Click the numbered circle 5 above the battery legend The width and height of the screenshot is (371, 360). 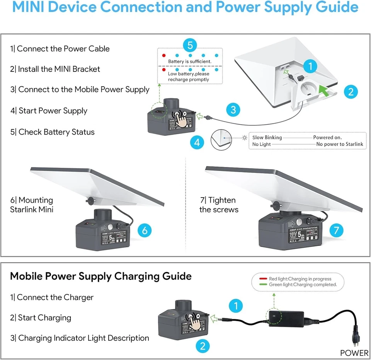(190, 45)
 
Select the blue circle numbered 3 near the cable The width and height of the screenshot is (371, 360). (233, 109)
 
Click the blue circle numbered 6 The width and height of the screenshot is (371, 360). (145, 230)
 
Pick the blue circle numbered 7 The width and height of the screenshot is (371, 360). (336, 230)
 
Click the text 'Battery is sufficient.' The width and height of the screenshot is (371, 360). (189, 61)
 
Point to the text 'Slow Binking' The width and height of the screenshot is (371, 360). (267, 138)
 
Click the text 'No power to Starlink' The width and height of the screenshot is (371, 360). (339, 144)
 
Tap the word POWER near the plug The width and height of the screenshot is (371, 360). (354, 353)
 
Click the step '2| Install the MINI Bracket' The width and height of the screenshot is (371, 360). (55, 69)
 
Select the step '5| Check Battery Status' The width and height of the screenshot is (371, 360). (53, 132)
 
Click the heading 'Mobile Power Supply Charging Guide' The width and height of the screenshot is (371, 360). (101, 276)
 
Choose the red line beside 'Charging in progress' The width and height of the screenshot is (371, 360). (263, 279)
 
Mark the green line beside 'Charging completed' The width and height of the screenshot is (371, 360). (263, 285)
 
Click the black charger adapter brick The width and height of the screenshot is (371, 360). (286, 318)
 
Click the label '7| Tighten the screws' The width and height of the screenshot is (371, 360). (219, 205)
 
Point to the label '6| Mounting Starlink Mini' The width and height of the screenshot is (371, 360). (32, 205)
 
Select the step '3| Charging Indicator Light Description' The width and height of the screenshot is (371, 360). (80, 338)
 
